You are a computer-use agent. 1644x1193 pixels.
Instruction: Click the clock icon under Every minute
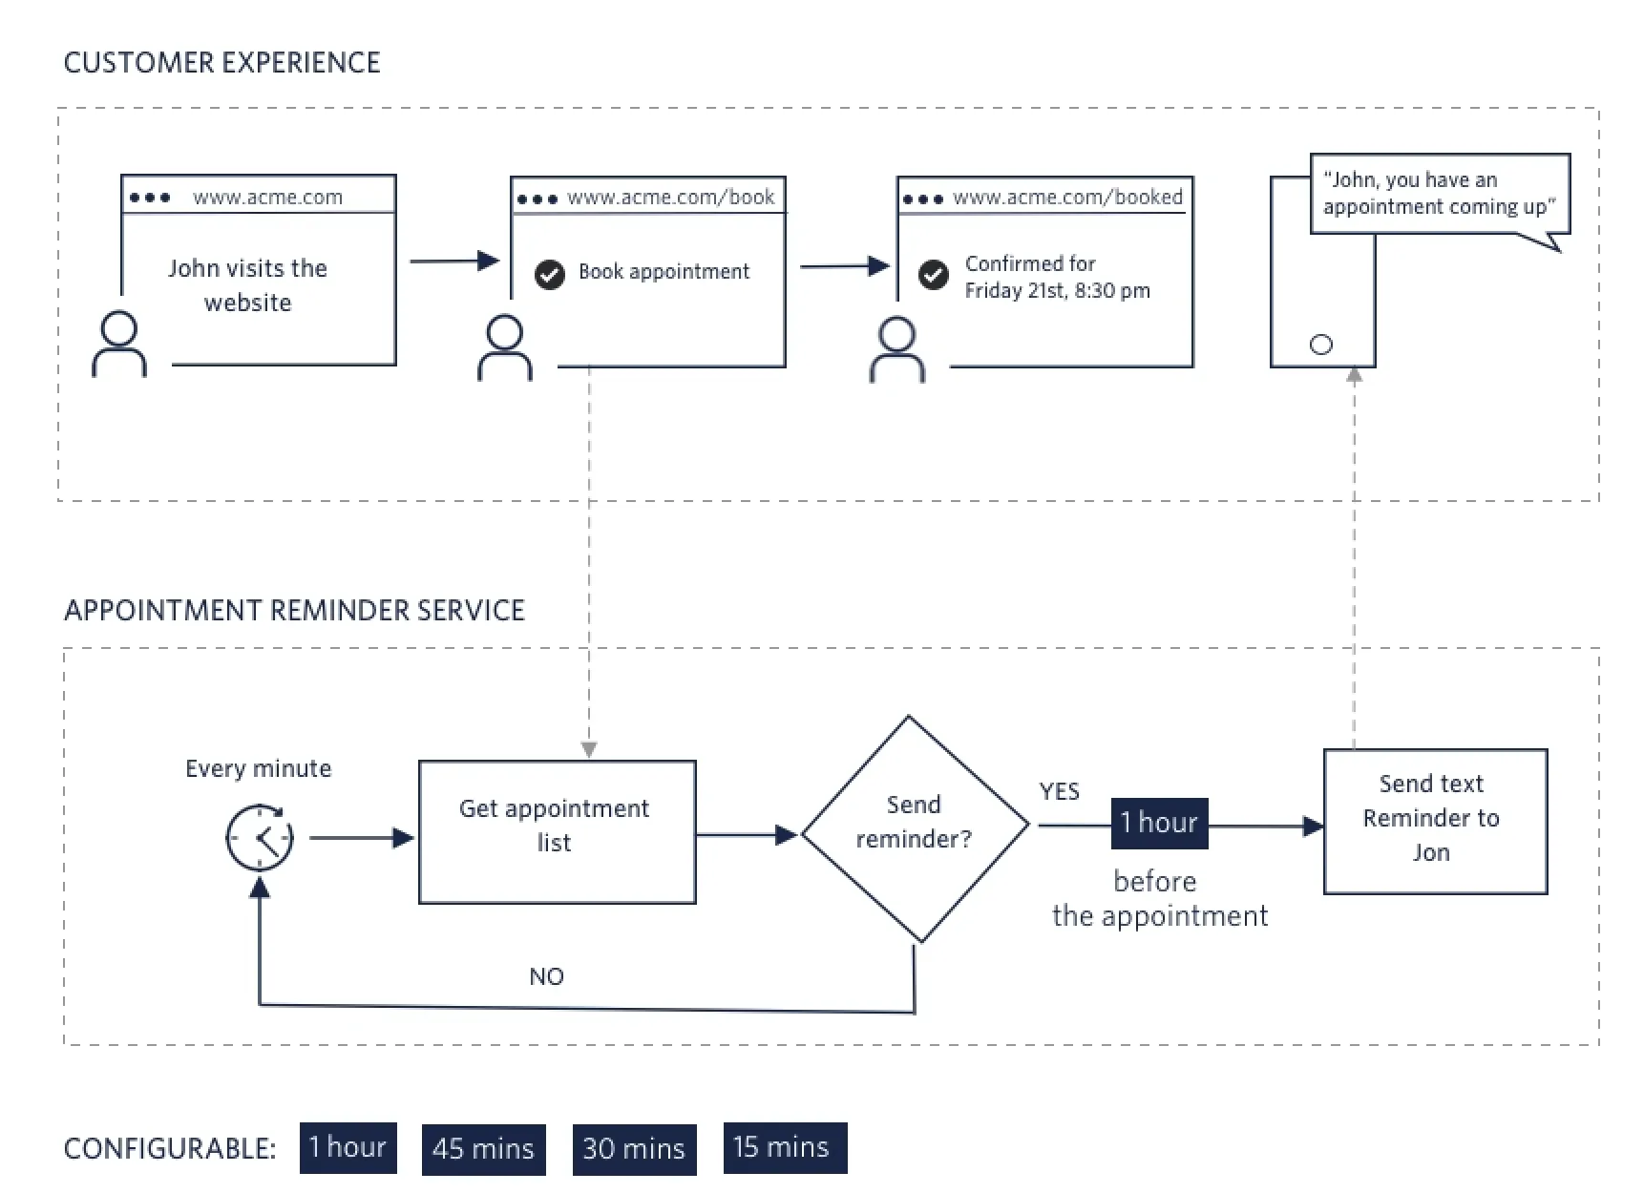click(x=260, y=837)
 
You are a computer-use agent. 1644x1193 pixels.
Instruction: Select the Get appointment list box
click(x=557, y=831)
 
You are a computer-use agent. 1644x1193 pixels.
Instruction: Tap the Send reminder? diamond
click(x=914, y=827)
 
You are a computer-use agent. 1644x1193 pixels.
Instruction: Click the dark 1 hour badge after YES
click(x=1159, y=823)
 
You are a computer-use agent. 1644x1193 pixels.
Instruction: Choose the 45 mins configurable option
click(x=483, y=1148)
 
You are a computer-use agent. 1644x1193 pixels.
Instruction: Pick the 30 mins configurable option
click(x=634, y=1148)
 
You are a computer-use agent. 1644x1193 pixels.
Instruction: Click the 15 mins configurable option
click(x=784, y=1147)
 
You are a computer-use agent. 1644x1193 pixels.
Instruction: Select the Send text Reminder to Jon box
click(x=1434, y=821)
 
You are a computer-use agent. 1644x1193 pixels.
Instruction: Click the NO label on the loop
click(x=546, y=976)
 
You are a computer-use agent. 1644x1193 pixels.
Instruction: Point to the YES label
click(x=1059, y=791)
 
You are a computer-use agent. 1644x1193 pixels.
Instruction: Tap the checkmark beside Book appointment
click(x=550, y=274)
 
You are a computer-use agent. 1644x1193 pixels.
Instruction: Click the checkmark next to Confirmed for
click(x=933, y=275)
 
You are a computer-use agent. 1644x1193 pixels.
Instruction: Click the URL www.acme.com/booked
click(x=1067, y=198)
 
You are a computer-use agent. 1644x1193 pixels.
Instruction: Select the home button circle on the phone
click(x=1320, y=345)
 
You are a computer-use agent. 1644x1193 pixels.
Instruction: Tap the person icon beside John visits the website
click(x=119, y=345)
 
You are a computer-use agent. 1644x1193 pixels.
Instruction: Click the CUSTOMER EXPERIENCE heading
click(x=221, y=63)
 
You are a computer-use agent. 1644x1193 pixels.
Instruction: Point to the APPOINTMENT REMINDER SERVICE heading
click(x=294, y=611)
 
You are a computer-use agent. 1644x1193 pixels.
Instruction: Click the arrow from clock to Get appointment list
click(x=361, y=838)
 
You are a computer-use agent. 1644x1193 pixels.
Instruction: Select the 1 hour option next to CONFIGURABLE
click(x=348, y=1147)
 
